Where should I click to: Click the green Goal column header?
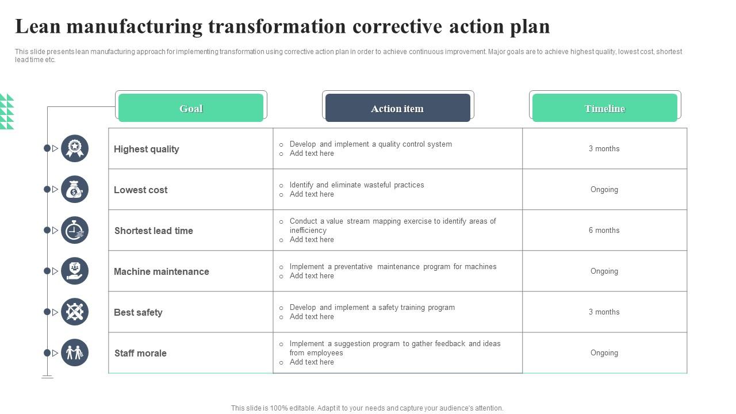pyautogui.click(x=191, y=108)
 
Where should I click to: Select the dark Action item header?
pyautogui.click(x=397, y=108)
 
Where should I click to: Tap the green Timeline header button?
pyautogui.click(x=604, y=108)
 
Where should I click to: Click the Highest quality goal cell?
pyautogui.click(x=147, y=149)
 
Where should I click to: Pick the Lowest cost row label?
pyautogui.click(x=141, y=190)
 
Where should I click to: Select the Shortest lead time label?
pyautogui.click(x=154, y=231)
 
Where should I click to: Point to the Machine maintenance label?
pyautogui.click(x=162, y=271)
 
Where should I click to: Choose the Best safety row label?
pyautogui.click(x=138, y=312)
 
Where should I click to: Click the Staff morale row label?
pyautogui.click(x=140, y=353)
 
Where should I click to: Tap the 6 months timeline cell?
pyautogui.click(x=604, y=230)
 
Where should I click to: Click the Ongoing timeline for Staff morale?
pyautogui.click(x=604, y=352)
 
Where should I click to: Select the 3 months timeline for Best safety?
pyautogui.click(x=604, y=312)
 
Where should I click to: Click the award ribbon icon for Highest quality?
pyautogui.click(x=75, y=148)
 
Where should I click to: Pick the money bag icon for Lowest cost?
pyautogui.click(x=75, y=189)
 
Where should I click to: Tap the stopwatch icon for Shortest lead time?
pyautogui.click(x=75, y=230)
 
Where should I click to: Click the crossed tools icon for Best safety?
pyautogui.click(x=75, y=312)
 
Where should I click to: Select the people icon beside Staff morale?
pyautogui.click(x=75, y=352)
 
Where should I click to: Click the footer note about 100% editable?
pyautogui.click(x=367, y=408)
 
